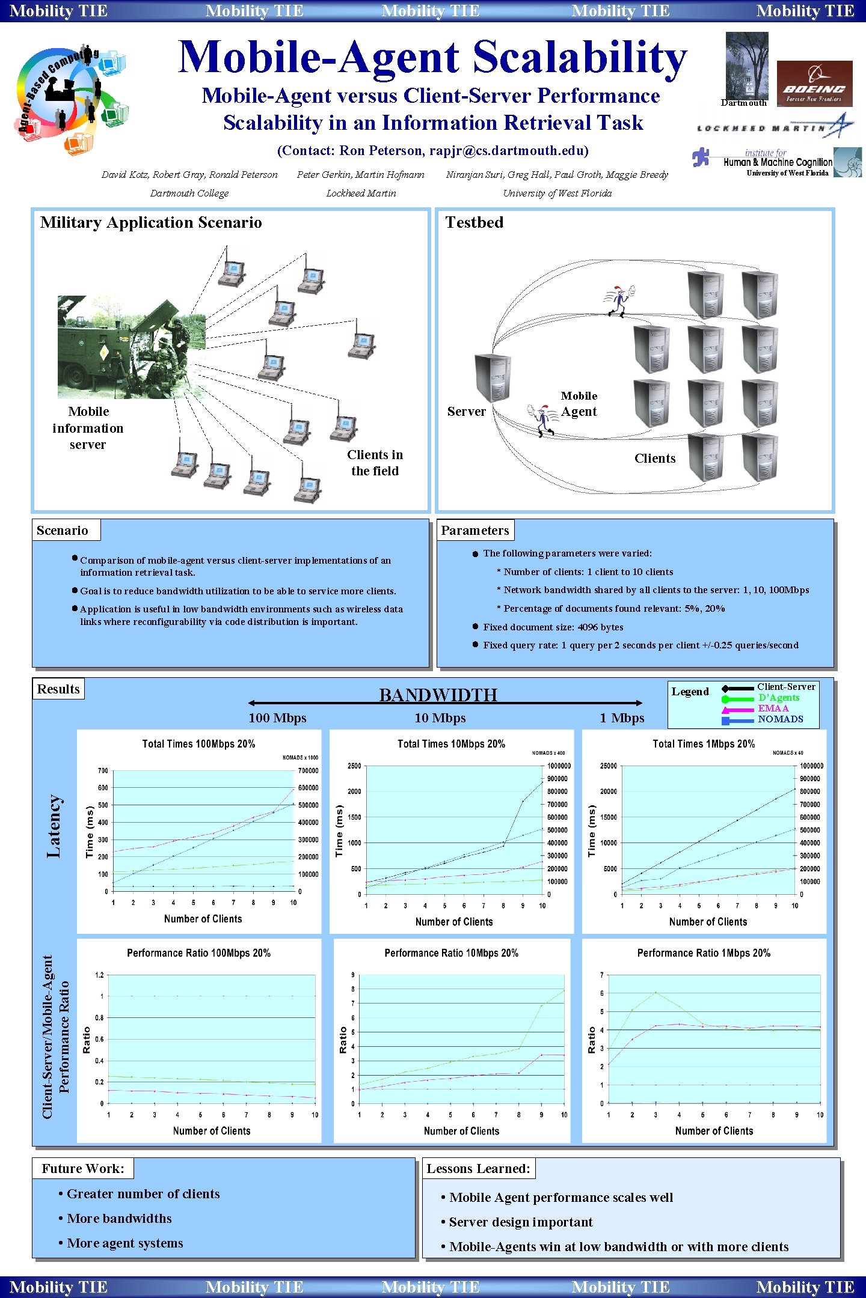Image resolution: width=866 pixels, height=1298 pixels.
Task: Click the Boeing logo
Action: tap(814, 84)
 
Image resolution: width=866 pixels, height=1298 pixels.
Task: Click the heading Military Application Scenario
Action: tap(151, 223)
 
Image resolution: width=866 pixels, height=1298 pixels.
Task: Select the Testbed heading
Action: tap(474, 222)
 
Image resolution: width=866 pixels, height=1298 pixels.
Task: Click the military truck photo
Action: tap(131, 347)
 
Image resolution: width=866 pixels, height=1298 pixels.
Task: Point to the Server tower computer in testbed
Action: tap(493, 377)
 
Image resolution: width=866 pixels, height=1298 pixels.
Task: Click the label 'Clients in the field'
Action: tap(375, 463)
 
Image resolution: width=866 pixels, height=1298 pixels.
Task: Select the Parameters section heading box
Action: tap(475, 530)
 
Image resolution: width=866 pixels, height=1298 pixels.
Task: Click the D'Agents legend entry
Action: tap(778, 698)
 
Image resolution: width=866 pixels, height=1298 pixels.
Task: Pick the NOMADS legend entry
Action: tap(780, 719)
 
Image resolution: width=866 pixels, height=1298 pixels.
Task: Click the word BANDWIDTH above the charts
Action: tap(438, 695)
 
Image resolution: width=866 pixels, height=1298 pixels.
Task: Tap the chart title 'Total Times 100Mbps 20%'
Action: tap(198, 744)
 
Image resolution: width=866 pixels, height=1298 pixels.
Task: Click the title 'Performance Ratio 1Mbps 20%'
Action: tap(704, 953)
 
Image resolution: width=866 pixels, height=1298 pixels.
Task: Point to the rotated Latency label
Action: tap(54, 826)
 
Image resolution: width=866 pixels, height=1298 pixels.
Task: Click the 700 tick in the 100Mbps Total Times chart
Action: tap(103, 770)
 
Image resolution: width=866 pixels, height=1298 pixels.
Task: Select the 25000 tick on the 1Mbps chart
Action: tap(608, 766)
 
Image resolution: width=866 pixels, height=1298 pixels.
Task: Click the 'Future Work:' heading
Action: tap(83, 1169)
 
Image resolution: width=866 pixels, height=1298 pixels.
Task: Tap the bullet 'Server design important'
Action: tap(521, 1222)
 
